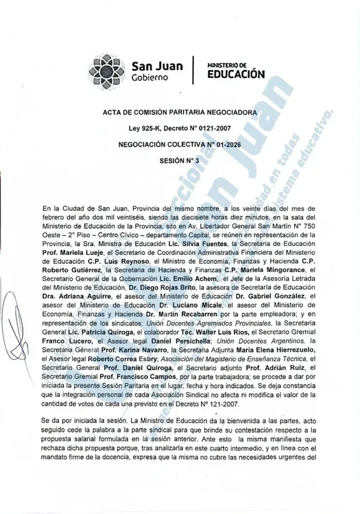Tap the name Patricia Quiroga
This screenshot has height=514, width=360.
click(x=99, y=332)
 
